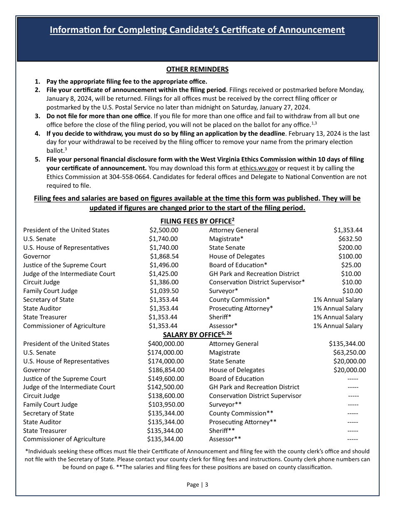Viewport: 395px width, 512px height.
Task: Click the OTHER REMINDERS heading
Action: [197, 70]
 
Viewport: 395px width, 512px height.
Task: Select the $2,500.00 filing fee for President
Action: [164, 230]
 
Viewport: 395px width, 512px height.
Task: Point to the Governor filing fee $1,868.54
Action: [164, 256]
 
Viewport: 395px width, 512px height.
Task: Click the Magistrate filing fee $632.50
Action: [350, 239]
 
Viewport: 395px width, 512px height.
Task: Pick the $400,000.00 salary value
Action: [165, 344]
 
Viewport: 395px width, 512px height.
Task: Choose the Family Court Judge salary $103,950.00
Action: [166, 405]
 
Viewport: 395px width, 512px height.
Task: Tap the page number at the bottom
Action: [197, 485]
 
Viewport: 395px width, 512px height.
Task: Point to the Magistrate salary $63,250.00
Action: [349, 353]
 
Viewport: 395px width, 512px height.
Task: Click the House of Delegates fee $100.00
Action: [350, 256]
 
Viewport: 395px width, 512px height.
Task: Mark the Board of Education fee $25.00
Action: [352, 265]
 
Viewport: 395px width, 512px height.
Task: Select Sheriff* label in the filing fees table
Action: [220, 317]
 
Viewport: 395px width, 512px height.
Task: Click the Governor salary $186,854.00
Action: [166, 370]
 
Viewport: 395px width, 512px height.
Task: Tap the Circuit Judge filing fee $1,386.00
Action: [164, 283]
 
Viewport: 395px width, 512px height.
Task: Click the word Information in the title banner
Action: [75, 30]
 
